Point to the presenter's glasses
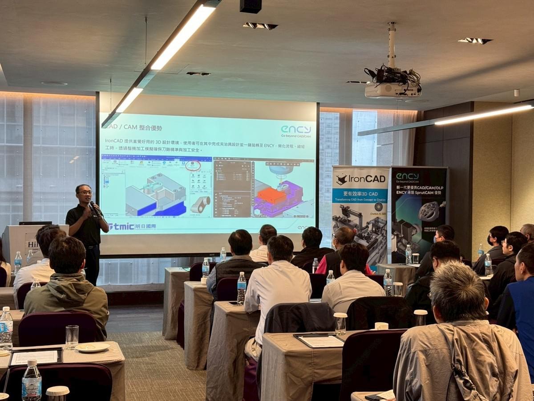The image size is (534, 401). coord(85,192)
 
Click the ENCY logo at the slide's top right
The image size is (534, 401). coord(296,130)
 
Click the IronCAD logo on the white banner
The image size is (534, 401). coord(360,179)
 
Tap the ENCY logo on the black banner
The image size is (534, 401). coord(407,176)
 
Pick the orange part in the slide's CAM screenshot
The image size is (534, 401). coord(271,196)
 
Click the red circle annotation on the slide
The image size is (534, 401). coord(193,166)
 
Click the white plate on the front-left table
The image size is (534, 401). coord(92,347)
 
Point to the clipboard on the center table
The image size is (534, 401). coord(320,340)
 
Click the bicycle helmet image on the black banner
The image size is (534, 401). coord(429,212)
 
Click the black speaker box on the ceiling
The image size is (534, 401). coord(251,6)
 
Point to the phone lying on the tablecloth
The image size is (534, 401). coord(234,303)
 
